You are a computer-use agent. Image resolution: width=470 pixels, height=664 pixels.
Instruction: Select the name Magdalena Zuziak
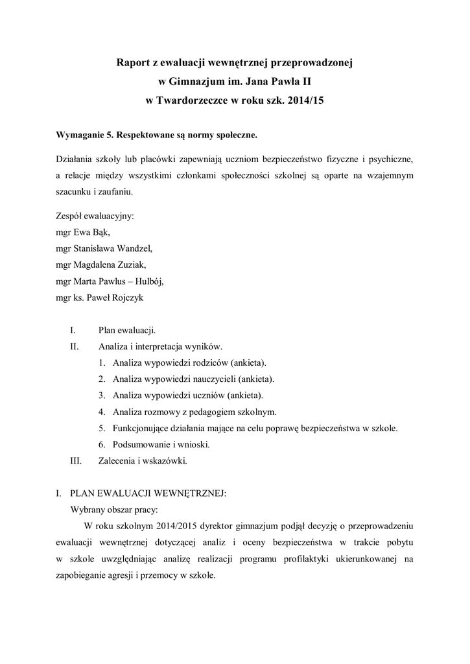[x=110, y=265]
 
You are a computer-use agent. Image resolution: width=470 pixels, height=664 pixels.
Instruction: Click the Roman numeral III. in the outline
[x=75, y=461]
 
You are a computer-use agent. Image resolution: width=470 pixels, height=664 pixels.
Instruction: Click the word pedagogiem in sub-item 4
[x=202, y=412]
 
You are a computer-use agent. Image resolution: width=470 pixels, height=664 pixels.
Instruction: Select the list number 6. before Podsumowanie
[x=102, y=445]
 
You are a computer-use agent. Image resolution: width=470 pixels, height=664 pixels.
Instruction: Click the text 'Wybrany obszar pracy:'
[x=109, y=510]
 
